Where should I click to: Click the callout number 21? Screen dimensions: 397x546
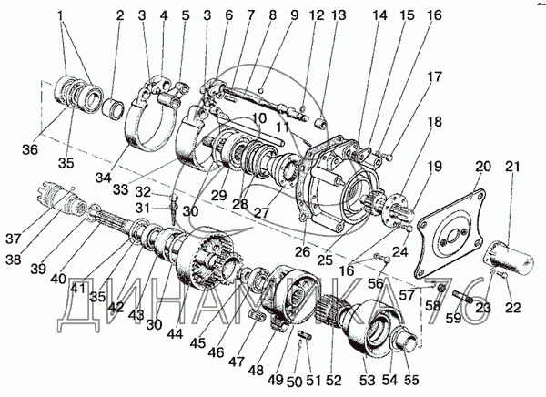coord(514,167)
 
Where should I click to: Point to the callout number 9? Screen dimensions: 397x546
coord(269,16)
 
